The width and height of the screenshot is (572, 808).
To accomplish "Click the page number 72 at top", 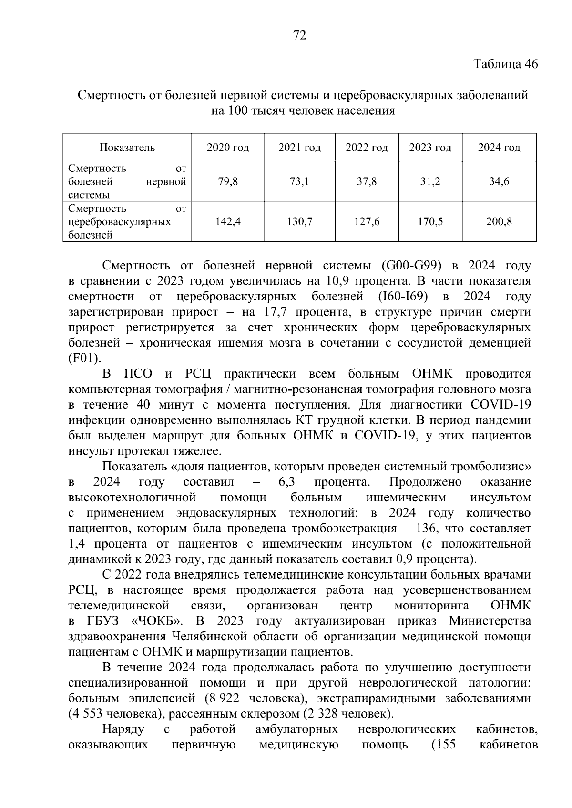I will click(x=299, y=35).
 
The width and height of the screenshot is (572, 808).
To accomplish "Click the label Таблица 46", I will click(x=505, y=64).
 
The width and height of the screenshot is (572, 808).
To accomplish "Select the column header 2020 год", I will click(x=228, y=148).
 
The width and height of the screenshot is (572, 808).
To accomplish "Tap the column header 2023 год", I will click(x=430, y=148).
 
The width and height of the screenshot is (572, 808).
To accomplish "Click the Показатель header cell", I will click(x=127, y=148).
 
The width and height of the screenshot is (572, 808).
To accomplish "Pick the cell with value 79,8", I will click(x=228, y=181).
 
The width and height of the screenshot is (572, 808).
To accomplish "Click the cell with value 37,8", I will click(x=367, y=181).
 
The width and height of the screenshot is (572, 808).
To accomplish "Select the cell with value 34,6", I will click(x=499, y=181).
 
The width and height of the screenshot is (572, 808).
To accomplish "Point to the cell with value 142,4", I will click(x=228, y=221).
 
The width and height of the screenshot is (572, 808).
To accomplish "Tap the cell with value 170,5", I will click(x=430, y=221).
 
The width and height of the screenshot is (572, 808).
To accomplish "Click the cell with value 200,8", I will click(x=499, y=221).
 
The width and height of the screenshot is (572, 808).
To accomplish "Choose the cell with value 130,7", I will click(x=299, y=221).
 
